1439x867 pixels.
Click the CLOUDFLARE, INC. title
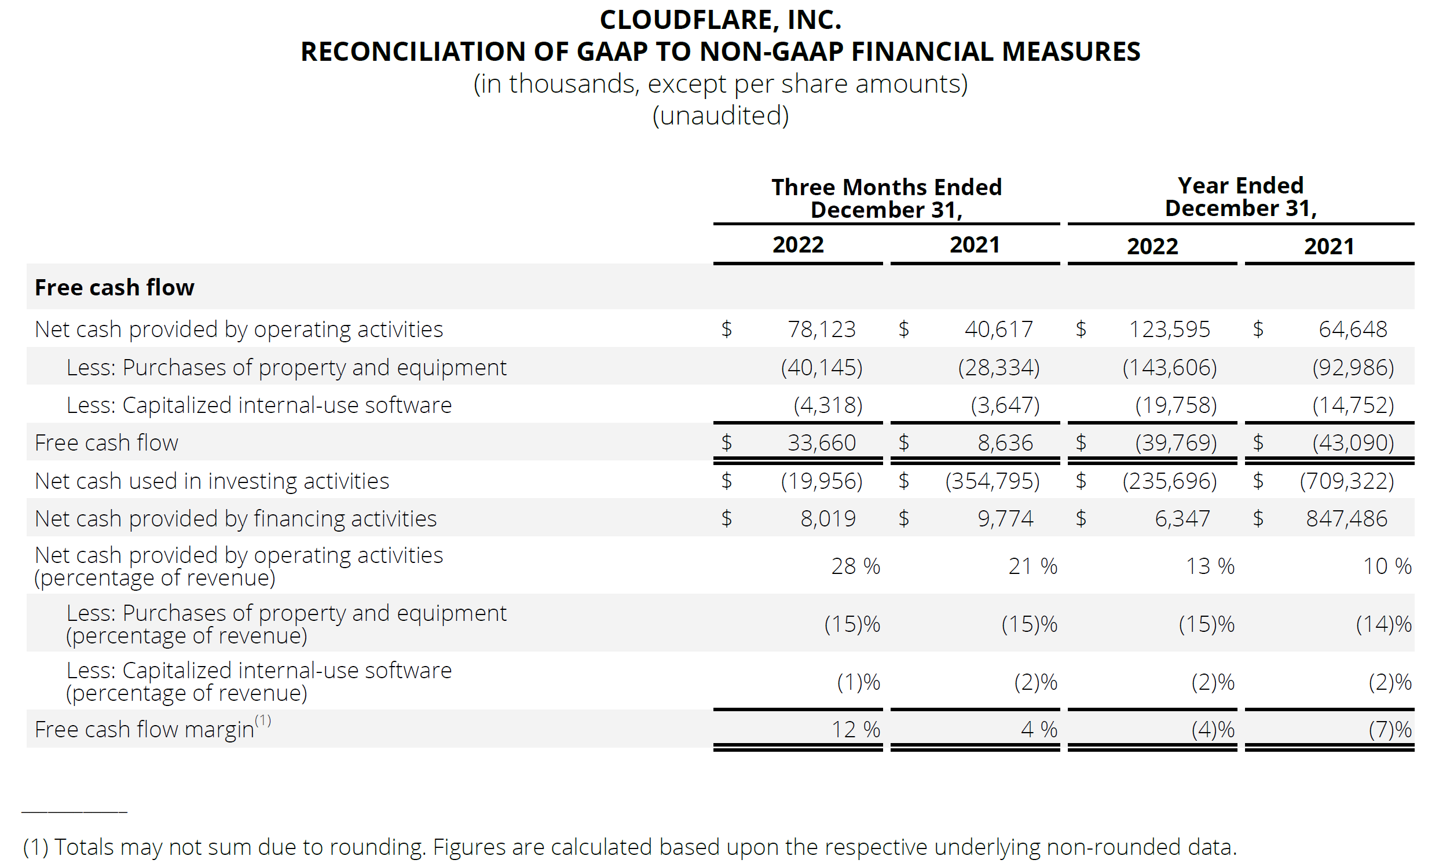(x=720, y=20)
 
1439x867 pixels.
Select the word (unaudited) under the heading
(x=720, y=116)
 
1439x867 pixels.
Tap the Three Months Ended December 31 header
(x=886, y=199)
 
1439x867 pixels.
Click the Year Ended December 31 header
(x=1240, y=197)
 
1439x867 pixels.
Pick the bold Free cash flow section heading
(x=115, y=288)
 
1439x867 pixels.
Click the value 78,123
(x=821, y=330)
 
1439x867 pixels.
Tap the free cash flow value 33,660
(x=821, y=443)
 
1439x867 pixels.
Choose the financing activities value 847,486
(x=1346, y=519)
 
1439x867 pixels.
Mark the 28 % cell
(x=855, y=566)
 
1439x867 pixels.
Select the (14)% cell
(x=1383, y=624)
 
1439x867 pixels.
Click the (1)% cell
(x=858, y=682)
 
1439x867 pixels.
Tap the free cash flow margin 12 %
(x=855, y=730)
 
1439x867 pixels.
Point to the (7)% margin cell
(x=1389, y=730)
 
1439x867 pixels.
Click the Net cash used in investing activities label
(x=212, y=481)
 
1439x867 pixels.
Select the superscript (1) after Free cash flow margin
(x=263, y=720)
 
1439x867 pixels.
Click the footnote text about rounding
(x=629, y=847)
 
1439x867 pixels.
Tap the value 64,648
(x=1353, y=330)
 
